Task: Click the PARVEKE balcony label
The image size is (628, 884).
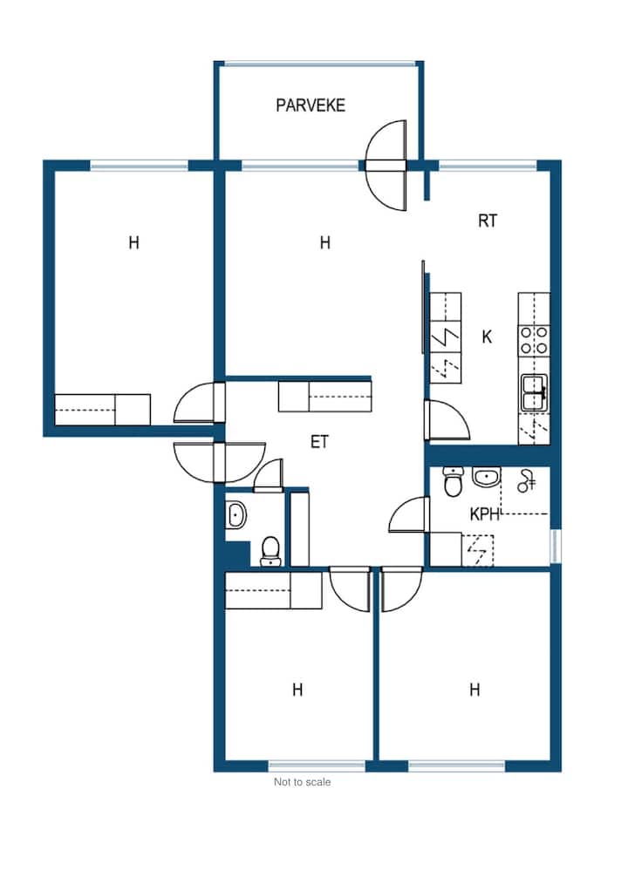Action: tap(311, 105)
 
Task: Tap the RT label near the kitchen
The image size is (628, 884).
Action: tap(488, 221)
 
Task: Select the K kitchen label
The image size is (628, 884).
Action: tap(487, 337)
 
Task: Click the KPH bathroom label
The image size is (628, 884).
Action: tap(485, 514)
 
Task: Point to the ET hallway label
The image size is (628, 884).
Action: tap(319, 441)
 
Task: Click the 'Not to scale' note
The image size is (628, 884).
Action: tap(302, 782)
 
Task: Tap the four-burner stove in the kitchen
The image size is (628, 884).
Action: tap(534, 340)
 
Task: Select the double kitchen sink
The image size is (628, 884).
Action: tap(534, 391)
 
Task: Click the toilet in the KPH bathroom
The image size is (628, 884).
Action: tap(453, 482)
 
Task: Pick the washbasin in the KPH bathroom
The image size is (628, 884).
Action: tap(486, 478)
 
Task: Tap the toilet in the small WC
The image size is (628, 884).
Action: tap(270, 551)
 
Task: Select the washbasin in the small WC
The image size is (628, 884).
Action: tap(235, 514)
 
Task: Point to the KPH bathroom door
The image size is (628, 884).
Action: tap(409, 514)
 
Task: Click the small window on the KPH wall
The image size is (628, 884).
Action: tap(556, 546)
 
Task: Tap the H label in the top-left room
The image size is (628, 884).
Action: tap(133, 242)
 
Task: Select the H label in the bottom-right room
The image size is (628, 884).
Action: tap(474, 690)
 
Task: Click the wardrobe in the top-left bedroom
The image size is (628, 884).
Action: tap(103, 410)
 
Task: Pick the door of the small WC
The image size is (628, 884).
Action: tap(269, 476)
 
